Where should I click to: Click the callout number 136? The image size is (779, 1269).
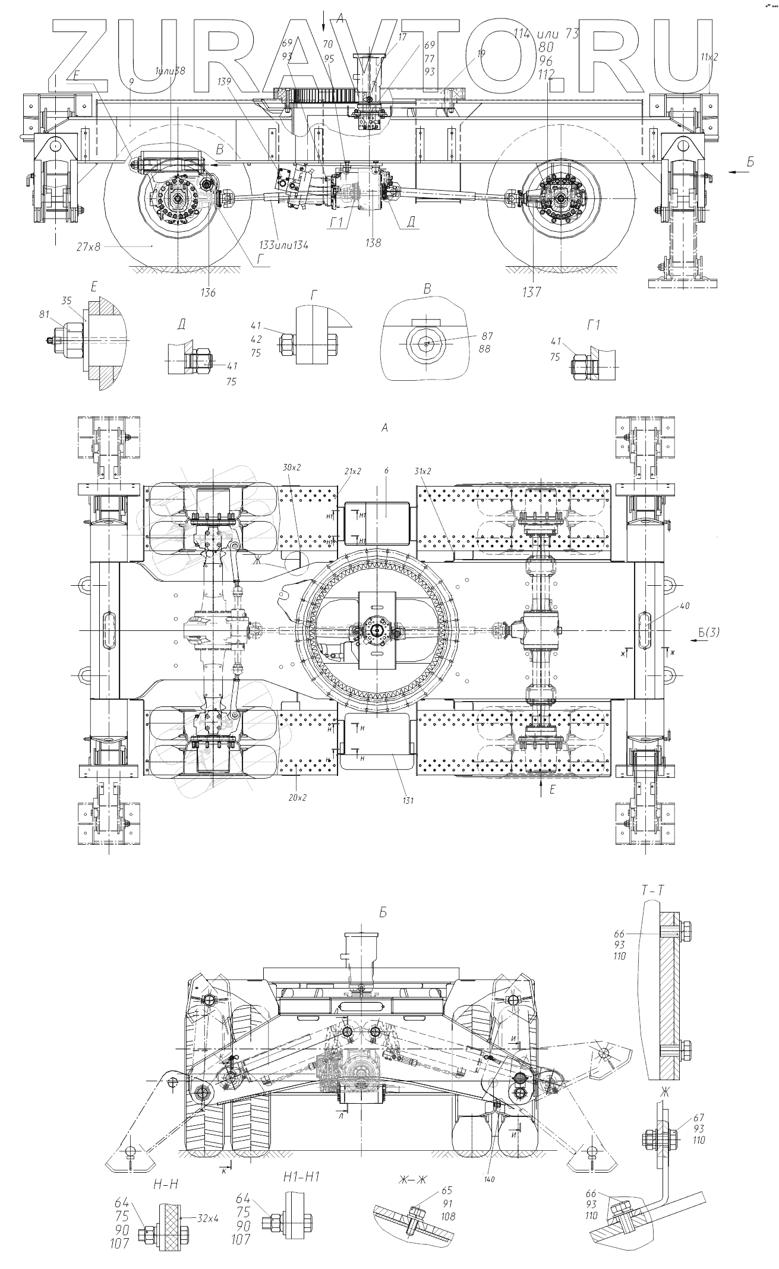(x=209, y=292)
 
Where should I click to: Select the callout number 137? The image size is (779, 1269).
(x=532, y=292)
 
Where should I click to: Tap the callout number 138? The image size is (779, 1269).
(x=374, y=242)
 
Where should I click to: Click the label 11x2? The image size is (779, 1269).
(x=709, y=57)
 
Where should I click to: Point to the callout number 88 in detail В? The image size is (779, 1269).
(x=484, y=349)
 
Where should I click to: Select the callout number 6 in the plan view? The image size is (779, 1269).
(x=386, y=471)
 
